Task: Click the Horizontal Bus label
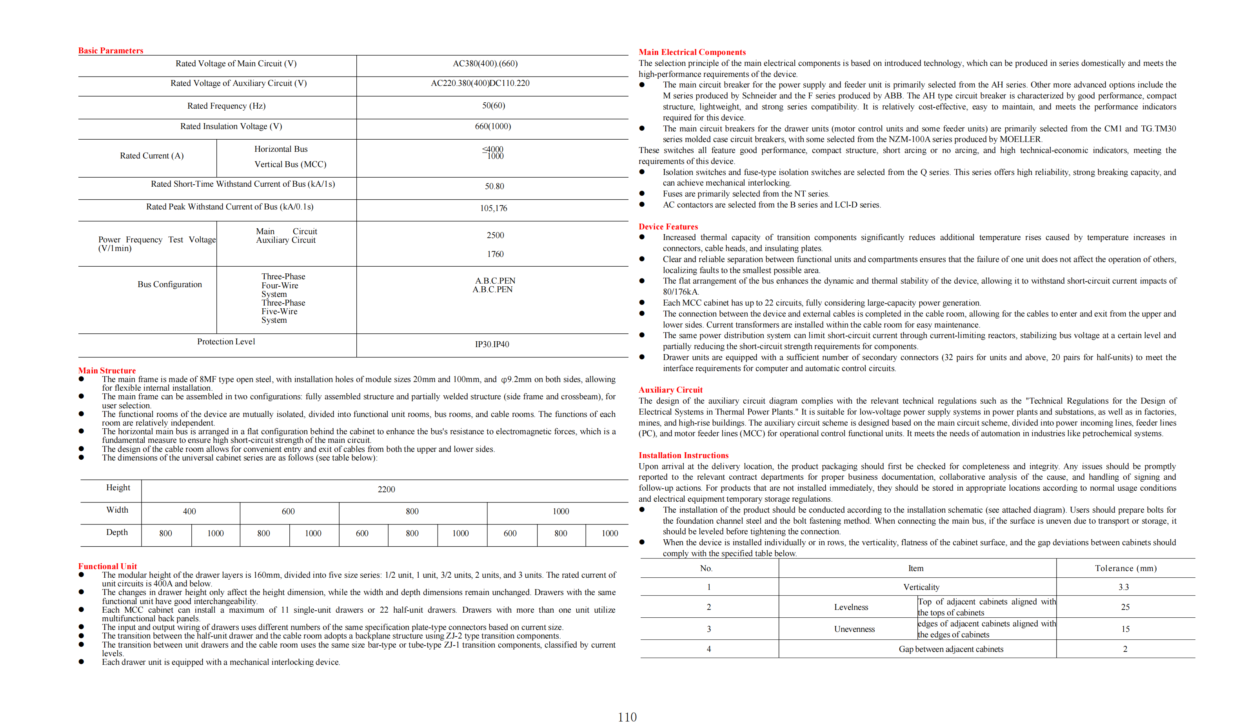point(281,149)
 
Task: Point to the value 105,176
point(494,208)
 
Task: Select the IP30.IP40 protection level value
point(492,344)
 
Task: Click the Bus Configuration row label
point(169,284)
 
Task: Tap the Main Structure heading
point(107,371)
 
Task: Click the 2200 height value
point(386,490)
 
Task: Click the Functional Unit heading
point(107,566)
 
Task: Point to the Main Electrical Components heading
point(692,52)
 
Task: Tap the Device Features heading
point(668,227)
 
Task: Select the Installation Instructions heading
point(683,455)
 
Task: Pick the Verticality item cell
point(921,588)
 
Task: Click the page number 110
point(627,717)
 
